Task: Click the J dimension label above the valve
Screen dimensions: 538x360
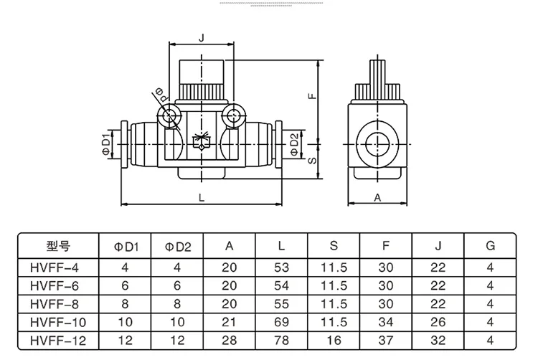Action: [202, 38]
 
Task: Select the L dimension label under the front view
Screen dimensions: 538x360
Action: [202, 197]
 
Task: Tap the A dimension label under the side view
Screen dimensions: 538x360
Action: [377, 198]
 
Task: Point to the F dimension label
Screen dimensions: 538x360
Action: [312, 95]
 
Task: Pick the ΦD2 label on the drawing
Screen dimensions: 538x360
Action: [295, 145]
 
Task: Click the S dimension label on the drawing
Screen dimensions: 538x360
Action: [312, 160]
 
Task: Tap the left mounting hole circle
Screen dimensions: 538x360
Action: [169, 115]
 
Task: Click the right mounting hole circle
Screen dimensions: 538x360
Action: [233, 115]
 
